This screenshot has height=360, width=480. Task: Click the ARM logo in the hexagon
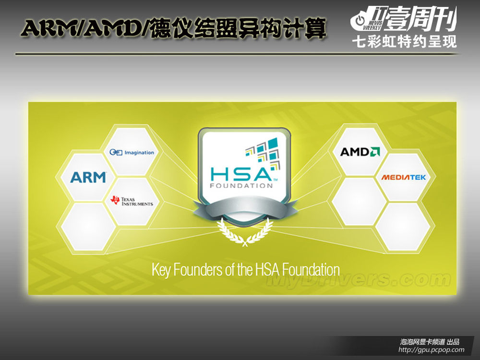tap(88, 177)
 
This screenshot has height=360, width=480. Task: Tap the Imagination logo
tap(132, 152)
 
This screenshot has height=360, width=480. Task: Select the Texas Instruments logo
tap(132, 201)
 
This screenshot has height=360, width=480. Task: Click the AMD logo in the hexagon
tap(360, 152)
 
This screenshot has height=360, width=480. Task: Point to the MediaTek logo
tap(404, 177)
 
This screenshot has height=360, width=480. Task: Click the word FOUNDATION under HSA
tap(241, 185)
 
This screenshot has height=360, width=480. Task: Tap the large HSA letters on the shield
tap(241, 174)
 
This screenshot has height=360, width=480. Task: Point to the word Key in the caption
tap(161, 270)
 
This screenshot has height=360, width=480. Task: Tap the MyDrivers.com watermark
tap(359, 279)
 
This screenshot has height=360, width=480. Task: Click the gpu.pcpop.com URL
tap(431, 349)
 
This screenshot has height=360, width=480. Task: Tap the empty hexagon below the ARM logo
tap(88, 227)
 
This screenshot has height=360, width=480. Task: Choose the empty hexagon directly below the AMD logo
tap(360, 202)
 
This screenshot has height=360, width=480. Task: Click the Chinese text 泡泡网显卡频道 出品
tap(430, 342)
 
